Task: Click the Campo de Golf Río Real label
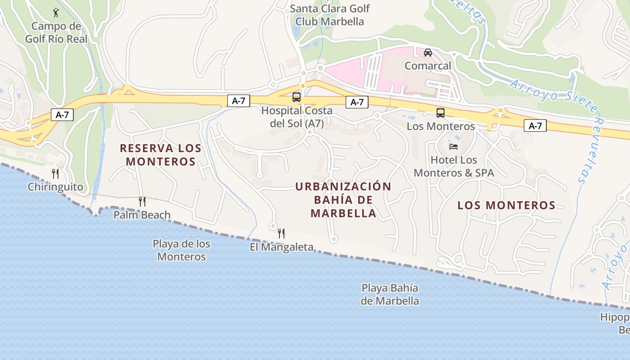coord(56,33)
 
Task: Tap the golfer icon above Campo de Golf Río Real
coord(56,12)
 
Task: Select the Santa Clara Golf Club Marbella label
coord(329,15)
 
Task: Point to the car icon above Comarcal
coord(427,52)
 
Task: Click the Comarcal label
coord(427,66)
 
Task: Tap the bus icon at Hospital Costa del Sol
coord(297,97)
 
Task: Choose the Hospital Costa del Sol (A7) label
coord(297,117)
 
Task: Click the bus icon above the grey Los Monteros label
coord(440,113)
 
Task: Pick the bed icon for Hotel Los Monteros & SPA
coord(454,146)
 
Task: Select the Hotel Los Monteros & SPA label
coord(454,166)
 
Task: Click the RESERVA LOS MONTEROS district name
coord(161,154)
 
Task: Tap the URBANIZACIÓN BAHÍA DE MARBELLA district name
coord(343,200)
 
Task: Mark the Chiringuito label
coord(55,187)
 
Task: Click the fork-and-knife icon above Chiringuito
coord(55,173)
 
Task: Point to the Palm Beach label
coord(142,215)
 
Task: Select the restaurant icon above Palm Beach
coord(142,201)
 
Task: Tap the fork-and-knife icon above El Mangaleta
coord(281,233)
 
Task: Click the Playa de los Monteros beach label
coord(181,250)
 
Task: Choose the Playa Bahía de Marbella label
coord(390,294)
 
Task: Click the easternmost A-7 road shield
coord(535,126)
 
